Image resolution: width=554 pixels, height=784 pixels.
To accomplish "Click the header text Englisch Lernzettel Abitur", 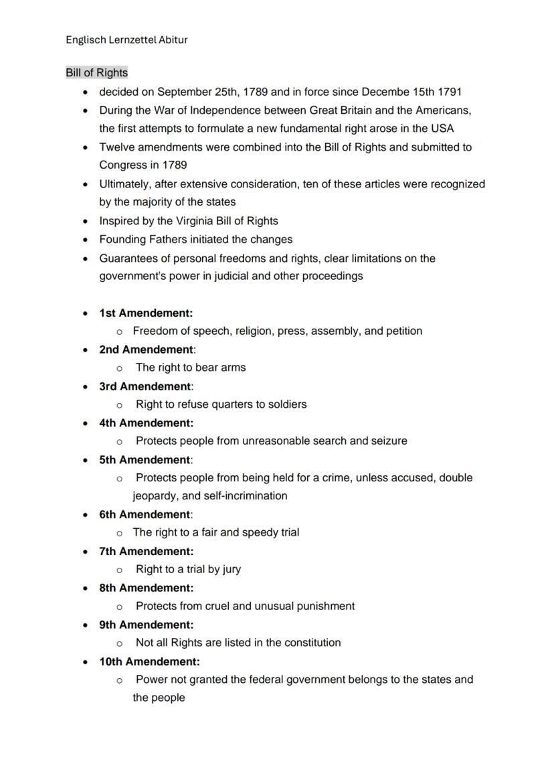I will point(126,40).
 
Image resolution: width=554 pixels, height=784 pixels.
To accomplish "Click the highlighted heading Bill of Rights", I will point(96,72).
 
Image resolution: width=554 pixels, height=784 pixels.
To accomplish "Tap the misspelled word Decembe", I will point(388,92).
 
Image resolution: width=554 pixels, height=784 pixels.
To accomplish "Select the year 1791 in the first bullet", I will point(449,92).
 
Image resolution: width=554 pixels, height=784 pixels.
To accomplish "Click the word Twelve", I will point(116,147).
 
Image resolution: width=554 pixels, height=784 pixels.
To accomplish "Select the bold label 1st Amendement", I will point(145,313).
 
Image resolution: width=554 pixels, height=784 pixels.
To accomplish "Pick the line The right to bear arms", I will point(191,368).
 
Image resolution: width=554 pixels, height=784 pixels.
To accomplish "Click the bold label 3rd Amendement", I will point(145,386).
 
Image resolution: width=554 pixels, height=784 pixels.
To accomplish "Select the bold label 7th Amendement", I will point(146,551).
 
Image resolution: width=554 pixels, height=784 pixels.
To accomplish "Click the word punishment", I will point(326,606).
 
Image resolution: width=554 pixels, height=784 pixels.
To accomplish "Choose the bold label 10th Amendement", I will point(149,661).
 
